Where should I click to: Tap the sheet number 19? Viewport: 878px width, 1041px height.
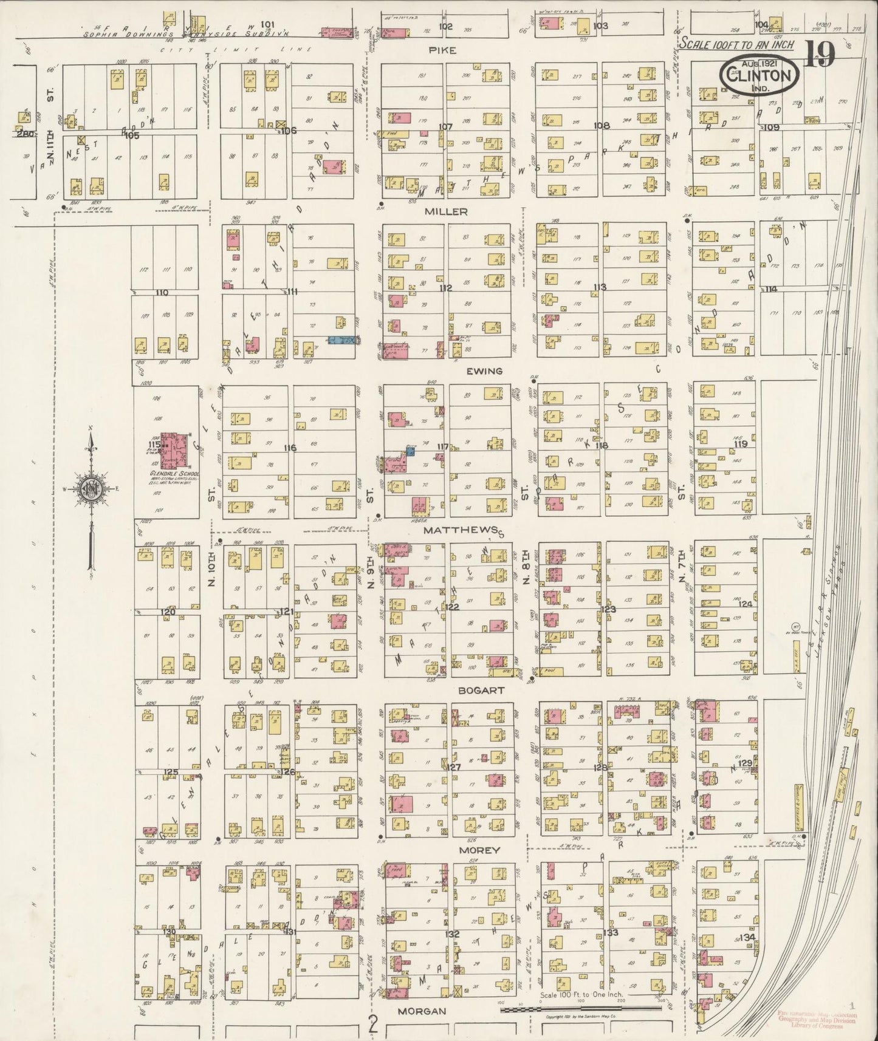pos(818,55)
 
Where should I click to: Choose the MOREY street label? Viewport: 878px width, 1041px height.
pos(479,850)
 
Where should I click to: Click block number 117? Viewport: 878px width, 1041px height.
pos(442,446)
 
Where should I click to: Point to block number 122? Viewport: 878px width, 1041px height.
pos(451,607)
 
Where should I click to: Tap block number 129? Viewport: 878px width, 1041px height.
pos(746,763)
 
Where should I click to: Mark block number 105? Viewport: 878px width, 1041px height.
pos(132,135)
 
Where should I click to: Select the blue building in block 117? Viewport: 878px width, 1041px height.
pos(410,451)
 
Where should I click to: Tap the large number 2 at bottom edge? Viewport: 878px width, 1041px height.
pos(372,1026)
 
